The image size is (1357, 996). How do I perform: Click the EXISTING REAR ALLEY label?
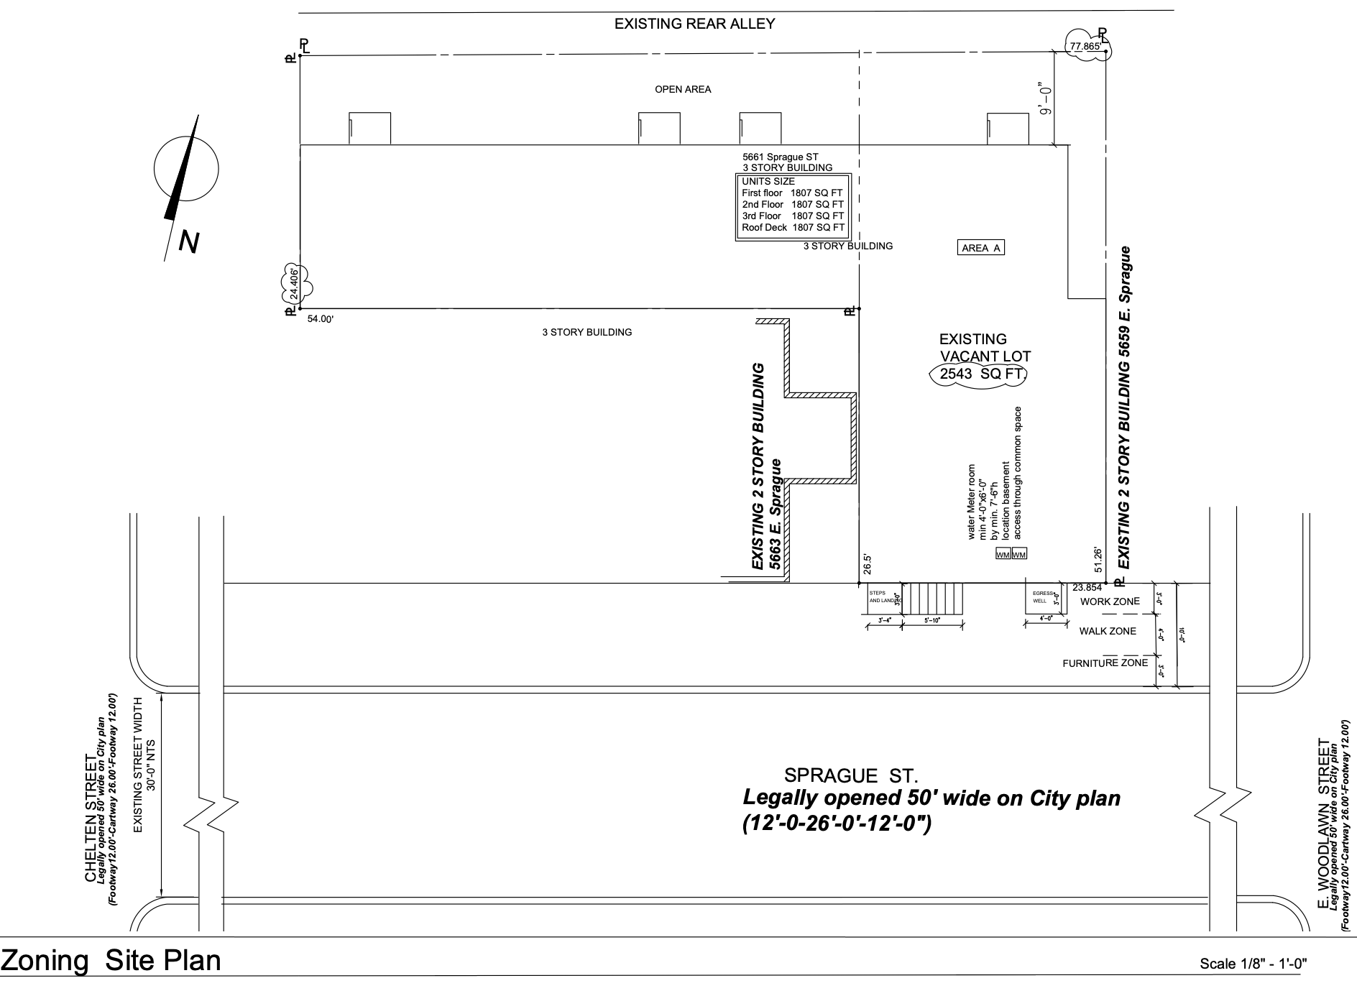694,24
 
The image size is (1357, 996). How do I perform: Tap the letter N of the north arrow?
188,243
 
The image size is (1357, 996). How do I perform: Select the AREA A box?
981,248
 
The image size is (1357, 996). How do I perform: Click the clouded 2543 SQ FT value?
979,374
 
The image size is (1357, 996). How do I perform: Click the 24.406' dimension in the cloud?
294,284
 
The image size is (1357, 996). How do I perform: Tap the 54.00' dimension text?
321,319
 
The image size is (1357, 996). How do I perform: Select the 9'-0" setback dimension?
1046,100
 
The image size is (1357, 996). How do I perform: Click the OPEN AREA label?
683,90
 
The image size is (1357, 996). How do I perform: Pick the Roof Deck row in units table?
793,227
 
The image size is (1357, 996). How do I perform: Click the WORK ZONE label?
1110,601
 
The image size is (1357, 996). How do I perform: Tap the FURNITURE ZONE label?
1105,663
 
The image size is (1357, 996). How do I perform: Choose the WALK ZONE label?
1108,631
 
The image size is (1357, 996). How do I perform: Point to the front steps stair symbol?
932,598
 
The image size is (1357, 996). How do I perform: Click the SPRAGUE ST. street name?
851,775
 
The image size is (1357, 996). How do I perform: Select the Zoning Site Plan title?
111,961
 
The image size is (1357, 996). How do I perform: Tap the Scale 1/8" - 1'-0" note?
1252,964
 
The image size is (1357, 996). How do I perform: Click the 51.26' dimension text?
1098,560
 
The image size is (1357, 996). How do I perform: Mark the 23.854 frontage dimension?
1087,587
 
